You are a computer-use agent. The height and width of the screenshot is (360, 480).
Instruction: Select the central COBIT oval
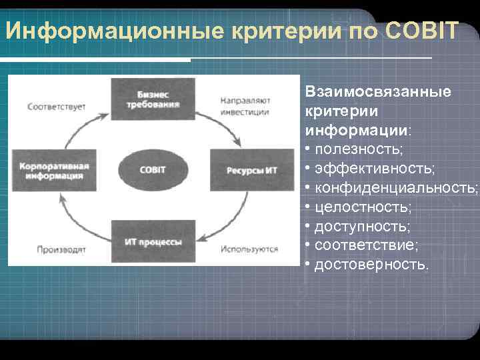pos(153,169)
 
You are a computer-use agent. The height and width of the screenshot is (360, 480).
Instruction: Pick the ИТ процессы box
pos(153,241)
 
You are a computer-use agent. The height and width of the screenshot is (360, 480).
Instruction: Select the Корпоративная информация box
pos(53,170)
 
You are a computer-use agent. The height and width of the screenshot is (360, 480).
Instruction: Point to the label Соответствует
pos(56,107)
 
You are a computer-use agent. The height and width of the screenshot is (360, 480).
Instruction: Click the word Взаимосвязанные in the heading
pos(377,91)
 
